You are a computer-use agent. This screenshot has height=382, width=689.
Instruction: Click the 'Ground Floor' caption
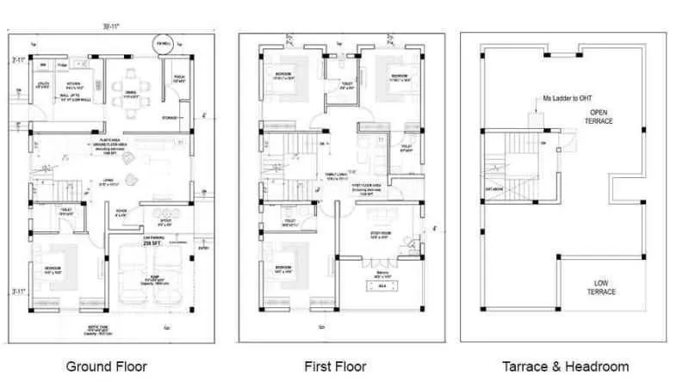point(107,367)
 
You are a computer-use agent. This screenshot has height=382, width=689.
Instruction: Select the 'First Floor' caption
point(335,367)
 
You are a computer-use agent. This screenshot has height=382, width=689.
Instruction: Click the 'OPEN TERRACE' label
point(599,116)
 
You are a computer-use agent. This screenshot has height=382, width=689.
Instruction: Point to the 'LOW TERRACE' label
point(603,287)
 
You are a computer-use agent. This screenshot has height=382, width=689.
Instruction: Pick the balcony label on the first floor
point(381,275)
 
